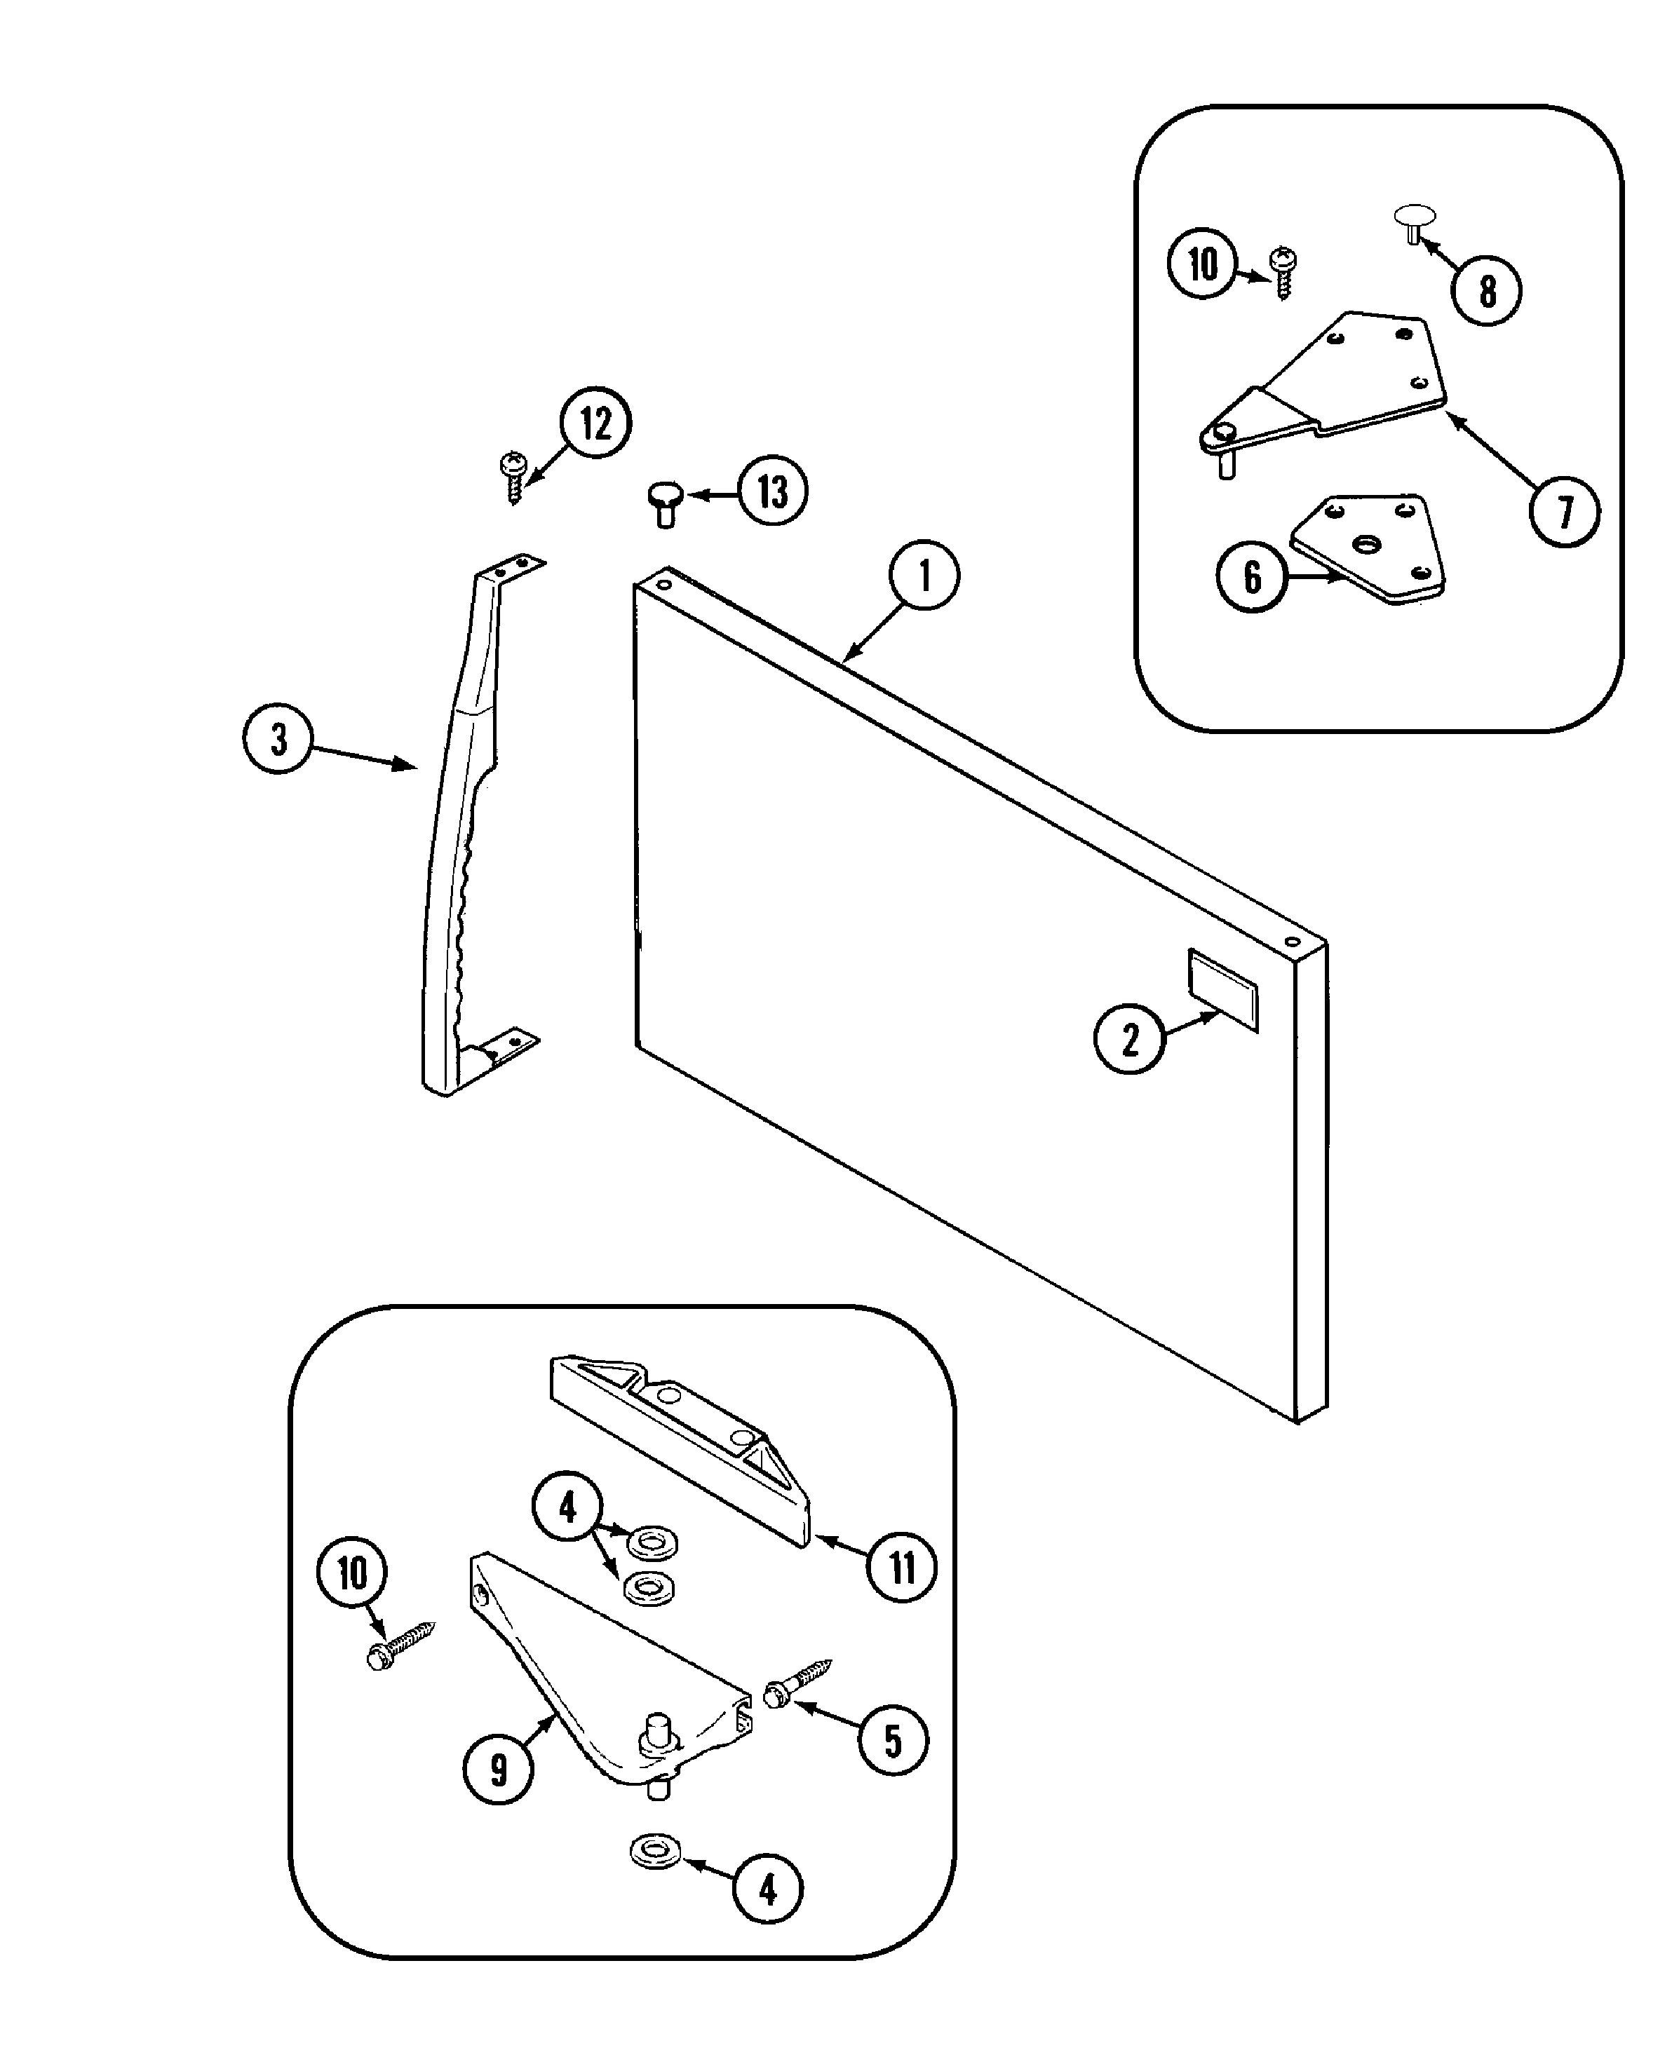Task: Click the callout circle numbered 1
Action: click(x=924, y=576)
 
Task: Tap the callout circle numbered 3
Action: click(x=278, y=739)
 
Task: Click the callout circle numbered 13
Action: click(x=771, y=492)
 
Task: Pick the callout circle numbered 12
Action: click(x=595, y=423)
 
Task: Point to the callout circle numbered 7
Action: click(x=1564, y=512)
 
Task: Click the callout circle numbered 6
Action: click(x=1251, y=577)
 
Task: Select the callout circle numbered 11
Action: click(x=901, y=1568)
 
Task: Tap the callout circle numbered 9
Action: click(x=498, y=1770)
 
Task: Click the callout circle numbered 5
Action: click(x=893, y=1741)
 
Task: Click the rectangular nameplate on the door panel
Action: click(x=1222, y=989)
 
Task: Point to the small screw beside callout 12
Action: click(x=513, y=476)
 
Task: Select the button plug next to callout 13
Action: click(x=663, y=503)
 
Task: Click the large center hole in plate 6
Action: click(x=1366, y=545)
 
